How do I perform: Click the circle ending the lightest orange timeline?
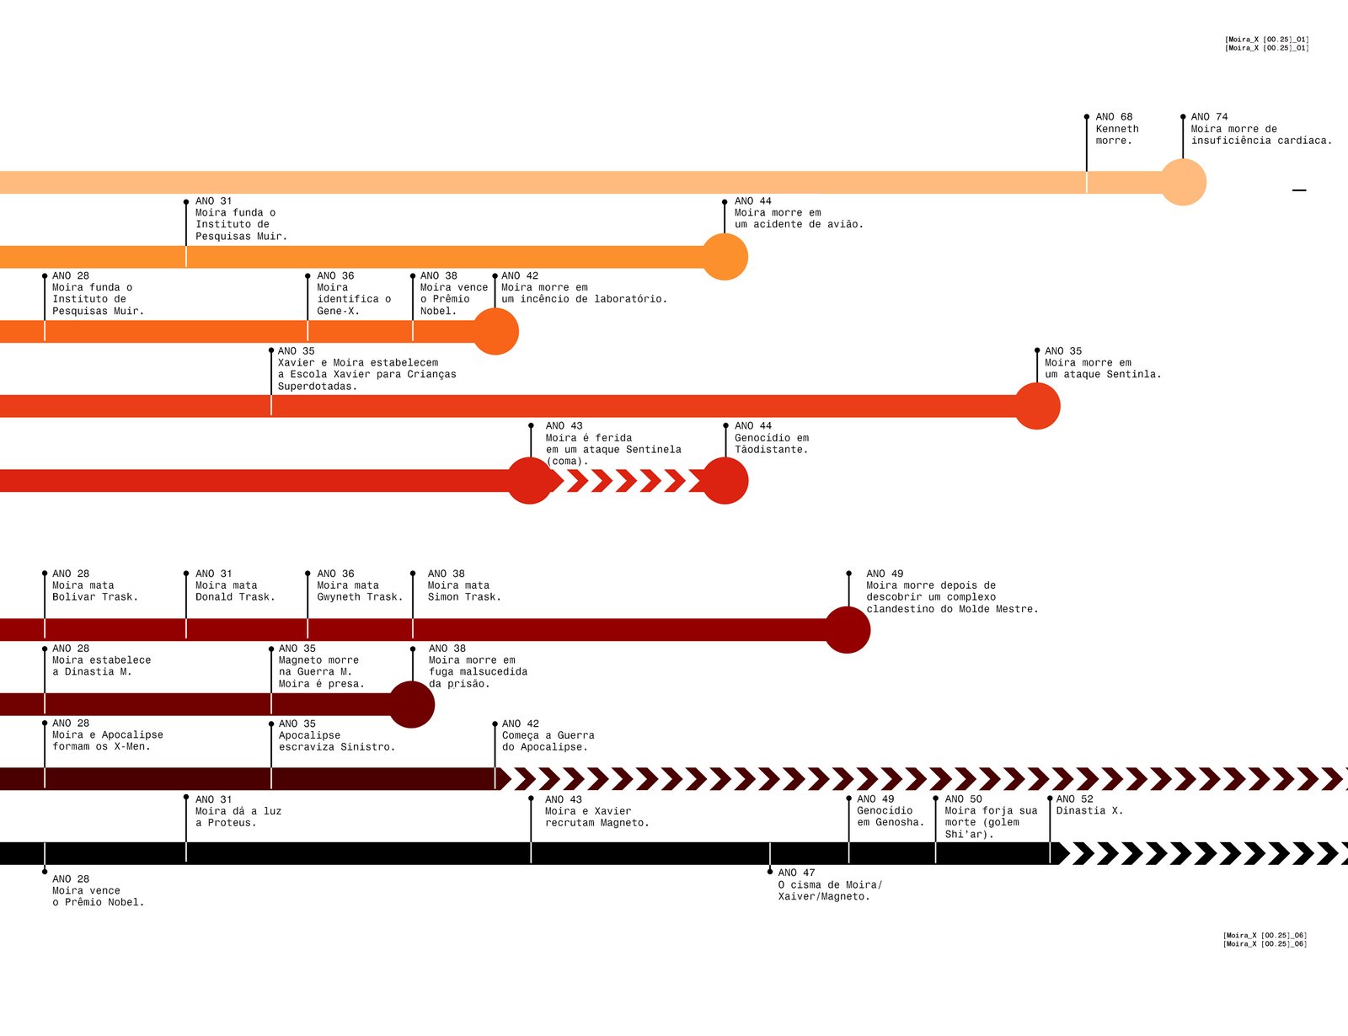click(x=1183, y=183)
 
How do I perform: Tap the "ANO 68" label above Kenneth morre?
click(x=1114, y=117)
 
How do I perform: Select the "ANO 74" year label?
click(x=1209, y=117)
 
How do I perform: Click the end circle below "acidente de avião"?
click(x=725, y=257)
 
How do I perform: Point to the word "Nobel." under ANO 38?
click(x=438, y=312)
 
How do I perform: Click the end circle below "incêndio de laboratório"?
click(x=495, y=331)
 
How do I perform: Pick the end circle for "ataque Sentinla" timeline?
click(x=1036, y=406)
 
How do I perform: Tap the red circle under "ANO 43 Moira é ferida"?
click(x=530, y=481)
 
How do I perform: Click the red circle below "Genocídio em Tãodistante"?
click(x=725, y=481)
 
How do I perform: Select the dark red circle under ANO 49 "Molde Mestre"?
click(x=847, y=630)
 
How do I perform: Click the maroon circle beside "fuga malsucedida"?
click(x=411, y=704)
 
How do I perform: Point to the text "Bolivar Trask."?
click(x=95, y=597)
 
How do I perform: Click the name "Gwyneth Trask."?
click(x=360, y=597)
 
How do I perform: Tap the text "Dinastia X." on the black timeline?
click(x=1089, y=811)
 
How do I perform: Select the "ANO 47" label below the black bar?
click(x=796, y=873)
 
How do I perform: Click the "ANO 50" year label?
click(x=963, y=799)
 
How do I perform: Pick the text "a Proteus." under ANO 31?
click(x=226, y=823)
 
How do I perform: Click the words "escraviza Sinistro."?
click(x=336, y=747)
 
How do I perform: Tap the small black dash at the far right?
click(x=1299, y=190)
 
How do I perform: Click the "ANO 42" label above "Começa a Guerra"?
click(x=520, y=724)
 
